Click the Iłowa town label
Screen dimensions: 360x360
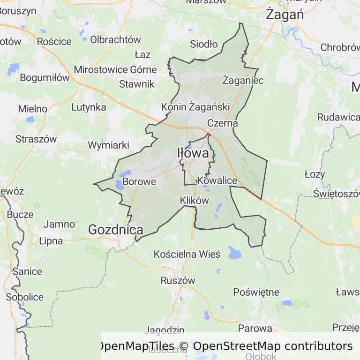[193, 153]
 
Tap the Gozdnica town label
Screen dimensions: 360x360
[116, 230]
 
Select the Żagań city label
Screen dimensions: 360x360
[285, 15]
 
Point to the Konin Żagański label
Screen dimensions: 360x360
[195, 107]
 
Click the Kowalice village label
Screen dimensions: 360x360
[217, 180]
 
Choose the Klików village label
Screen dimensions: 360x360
[194, 200]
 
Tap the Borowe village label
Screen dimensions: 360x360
[139, 181]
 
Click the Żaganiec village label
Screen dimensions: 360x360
[243, 80]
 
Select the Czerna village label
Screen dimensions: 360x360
[223, 123]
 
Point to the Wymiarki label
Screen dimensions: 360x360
[108, 145]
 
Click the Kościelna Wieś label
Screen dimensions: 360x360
[187, 255]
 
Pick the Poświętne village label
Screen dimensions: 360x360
[256, 292]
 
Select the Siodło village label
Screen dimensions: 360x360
[204, 45]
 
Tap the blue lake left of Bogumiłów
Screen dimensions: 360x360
[13, 69]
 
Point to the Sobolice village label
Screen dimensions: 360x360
[24, 297]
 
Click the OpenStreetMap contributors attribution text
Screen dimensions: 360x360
[273, 346]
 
